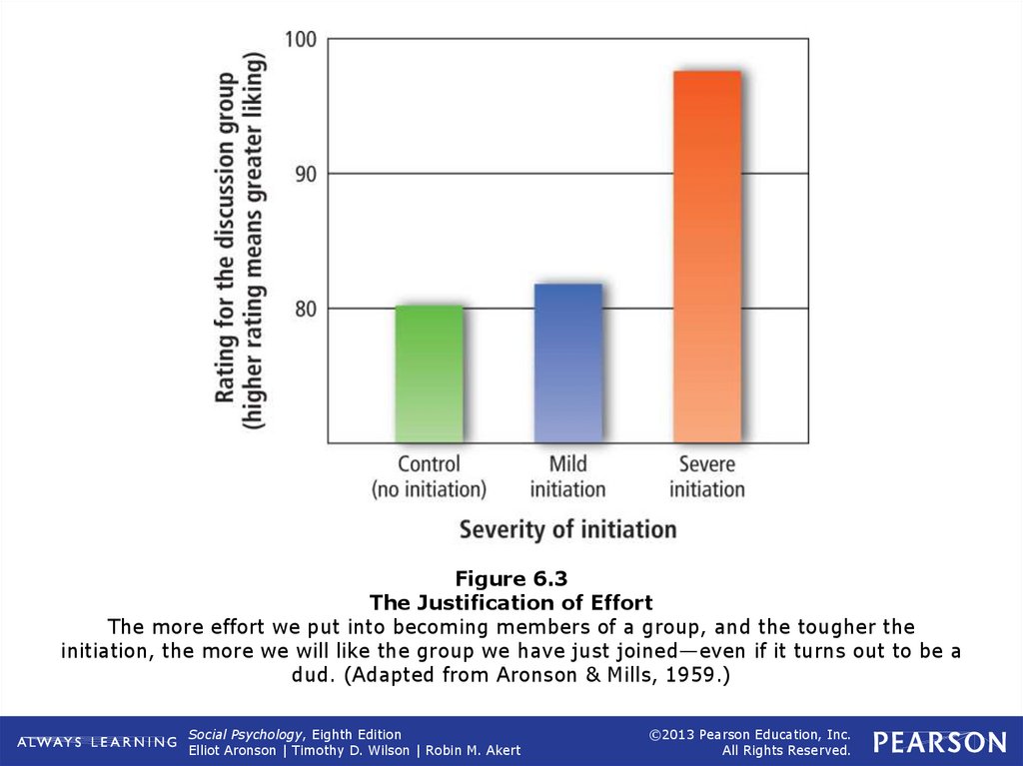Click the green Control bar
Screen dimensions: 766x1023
tap(430, 374)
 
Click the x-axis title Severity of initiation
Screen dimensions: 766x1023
tap(567, 528)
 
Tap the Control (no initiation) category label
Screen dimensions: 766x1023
tap(429, 476)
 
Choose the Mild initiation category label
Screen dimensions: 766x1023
tap(567, 476)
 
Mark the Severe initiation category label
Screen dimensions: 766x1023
tap(706, 476)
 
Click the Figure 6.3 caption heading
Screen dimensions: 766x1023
tap(511, 579)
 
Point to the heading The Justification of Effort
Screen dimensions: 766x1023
tap(511, 603)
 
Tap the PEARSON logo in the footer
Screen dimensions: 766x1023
tap(939, 742)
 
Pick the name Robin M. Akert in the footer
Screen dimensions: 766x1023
tap(473, 751)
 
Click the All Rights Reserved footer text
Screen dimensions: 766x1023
tap(786, 751)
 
